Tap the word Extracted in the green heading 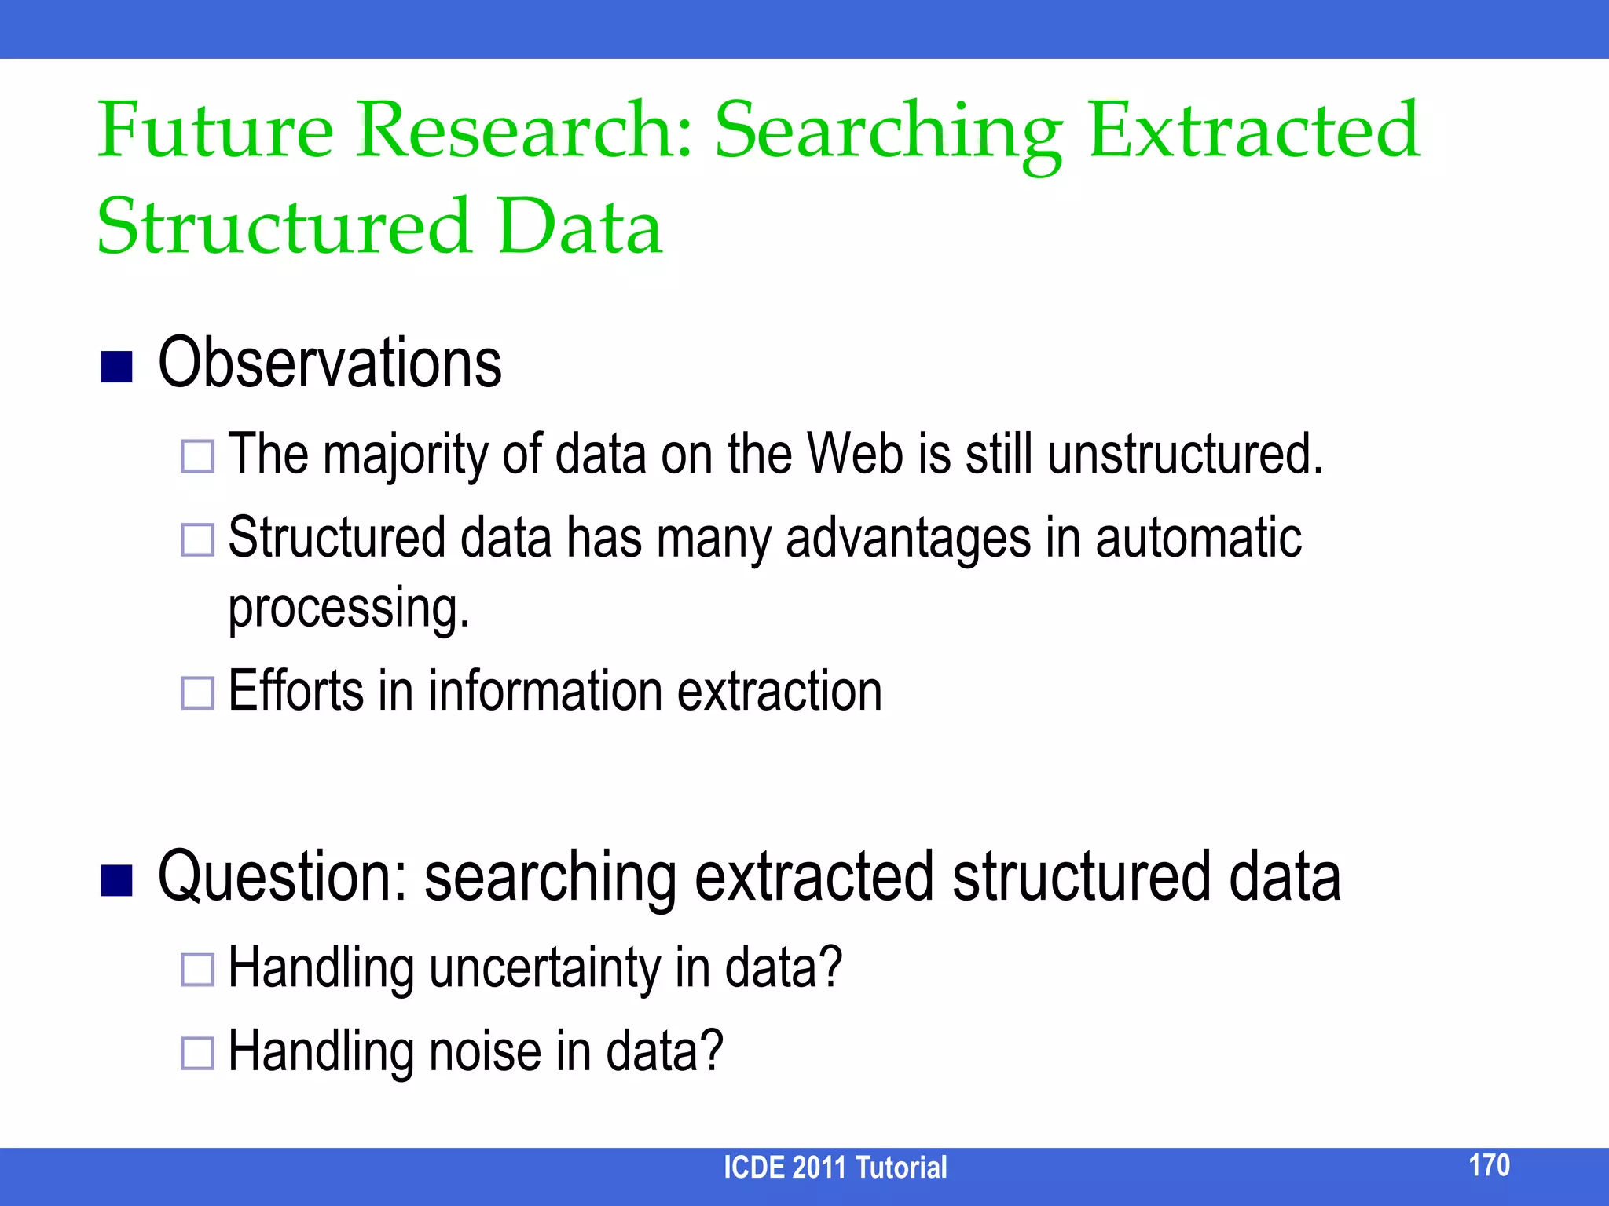pyautogui.click(x=1254, y=130)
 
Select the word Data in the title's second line pyautogui.click(x=580, y=227)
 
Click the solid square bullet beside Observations pyautogui.click(x=116, y=366)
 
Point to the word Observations pyautogui.click(x=329, y=364)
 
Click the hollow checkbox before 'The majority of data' pyautogui.click(x=197, y=456)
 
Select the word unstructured pyautogui.click(x=1185, y=454)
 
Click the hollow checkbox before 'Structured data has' pyautogui.click(x=197, y=540)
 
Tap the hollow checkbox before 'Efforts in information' pyautogui.click(x=197, y=693)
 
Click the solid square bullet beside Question pyautogui.click(x=116, y=880)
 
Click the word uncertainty pyautogui.click(x=545, y=968)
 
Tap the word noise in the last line pyautogui.click(x=485, y=1052)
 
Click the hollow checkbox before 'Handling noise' pyautogui.click(x=197, y=1054)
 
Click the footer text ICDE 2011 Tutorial pyautogui.click(x=834, y=1168)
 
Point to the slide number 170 pyautogui.click(x=1489, y=1165)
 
